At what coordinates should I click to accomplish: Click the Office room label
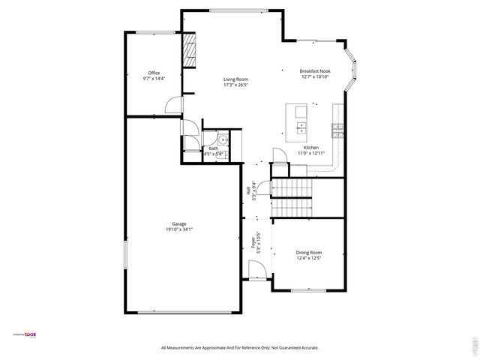coord(154,73)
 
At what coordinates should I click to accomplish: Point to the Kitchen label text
coord(310,148)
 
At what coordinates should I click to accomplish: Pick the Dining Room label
coord(308,252)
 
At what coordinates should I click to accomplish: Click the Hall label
coord(248,190)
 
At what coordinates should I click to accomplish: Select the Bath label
coord(214,148)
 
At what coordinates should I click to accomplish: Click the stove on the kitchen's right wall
coord(338,130)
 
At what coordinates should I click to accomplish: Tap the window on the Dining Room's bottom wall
coord(307,290)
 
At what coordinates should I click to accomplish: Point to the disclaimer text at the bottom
coord(240,347)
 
